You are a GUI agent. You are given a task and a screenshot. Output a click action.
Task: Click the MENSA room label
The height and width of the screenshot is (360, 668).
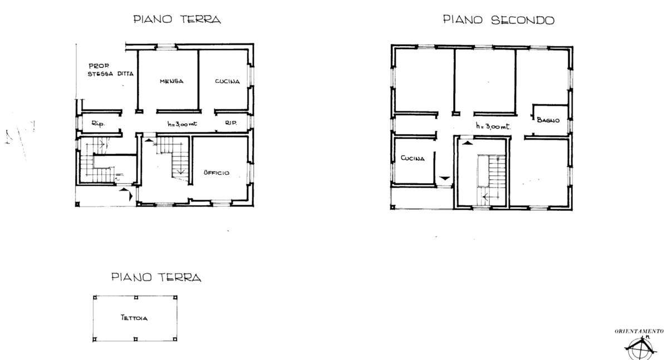171,81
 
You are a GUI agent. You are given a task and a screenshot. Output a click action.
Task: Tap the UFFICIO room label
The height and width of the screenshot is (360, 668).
217,172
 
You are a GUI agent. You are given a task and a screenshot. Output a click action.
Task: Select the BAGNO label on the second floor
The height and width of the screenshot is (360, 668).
548,120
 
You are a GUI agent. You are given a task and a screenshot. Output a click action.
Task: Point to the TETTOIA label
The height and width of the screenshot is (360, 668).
134,318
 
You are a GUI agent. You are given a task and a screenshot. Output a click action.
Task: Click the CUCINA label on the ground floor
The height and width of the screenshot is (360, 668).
228,81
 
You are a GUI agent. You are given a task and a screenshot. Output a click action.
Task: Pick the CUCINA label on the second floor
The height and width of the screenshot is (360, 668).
412,158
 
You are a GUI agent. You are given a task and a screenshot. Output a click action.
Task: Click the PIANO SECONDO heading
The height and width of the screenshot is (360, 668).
499,20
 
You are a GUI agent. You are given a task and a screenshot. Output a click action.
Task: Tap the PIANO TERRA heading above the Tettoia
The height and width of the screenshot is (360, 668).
156,277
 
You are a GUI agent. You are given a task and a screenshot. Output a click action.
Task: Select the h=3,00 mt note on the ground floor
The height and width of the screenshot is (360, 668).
182,124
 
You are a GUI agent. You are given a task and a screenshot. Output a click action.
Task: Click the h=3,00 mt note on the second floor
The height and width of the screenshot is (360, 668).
493,126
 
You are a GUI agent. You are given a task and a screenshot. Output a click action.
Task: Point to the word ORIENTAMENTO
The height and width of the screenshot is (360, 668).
640,331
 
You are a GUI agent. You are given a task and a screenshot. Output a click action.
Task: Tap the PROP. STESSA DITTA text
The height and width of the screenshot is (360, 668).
111,70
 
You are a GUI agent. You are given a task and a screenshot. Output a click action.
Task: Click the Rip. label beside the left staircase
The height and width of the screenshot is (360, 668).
98,124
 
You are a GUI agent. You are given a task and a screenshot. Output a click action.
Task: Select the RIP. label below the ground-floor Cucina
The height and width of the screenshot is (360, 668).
231,122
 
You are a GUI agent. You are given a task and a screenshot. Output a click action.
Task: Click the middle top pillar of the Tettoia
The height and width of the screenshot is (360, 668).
136,298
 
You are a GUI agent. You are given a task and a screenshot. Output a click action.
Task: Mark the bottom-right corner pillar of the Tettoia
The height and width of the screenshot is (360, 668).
175,339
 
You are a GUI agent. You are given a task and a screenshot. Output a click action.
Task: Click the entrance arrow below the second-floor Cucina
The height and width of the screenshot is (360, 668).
445,178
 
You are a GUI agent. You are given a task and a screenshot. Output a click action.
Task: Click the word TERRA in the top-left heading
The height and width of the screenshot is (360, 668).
200,19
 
